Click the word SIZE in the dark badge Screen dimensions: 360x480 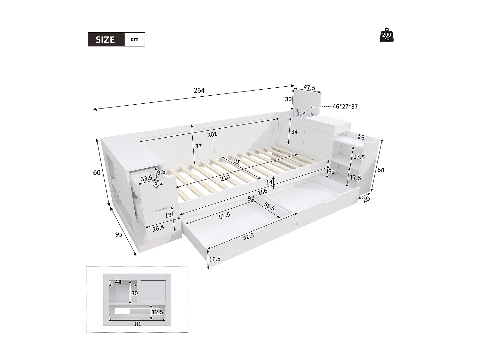click(x=105, y=40)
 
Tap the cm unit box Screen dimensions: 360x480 click(x=134, y=39)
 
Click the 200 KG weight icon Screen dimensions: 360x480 click(x=387, y=35)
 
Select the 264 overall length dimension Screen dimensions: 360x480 click(x=199, y=91)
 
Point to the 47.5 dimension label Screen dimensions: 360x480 click(x=309, y=88)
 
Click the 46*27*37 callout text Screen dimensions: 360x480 click(x=345, y=107)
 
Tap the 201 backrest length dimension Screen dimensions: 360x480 click(x=212, y=134)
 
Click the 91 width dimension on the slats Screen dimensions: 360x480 click(x=236, y=161)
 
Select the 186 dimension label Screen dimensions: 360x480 click(x=262, y=192)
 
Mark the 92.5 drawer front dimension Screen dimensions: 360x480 click(x=248, y=236)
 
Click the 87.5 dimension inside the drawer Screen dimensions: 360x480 click(x=224, y=215)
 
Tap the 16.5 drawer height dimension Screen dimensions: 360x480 click(x=215, y=259)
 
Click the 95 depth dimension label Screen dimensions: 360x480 click(x=119, y=234)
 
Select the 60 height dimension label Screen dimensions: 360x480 click(x=97, y=173)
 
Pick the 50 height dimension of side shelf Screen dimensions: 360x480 click(x=380, y=170)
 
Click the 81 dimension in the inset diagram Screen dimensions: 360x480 click(x=138, y=324)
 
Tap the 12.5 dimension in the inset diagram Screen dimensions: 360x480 click(x=157, y=312)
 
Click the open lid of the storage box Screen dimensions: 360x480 click(x=307, y=100)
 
